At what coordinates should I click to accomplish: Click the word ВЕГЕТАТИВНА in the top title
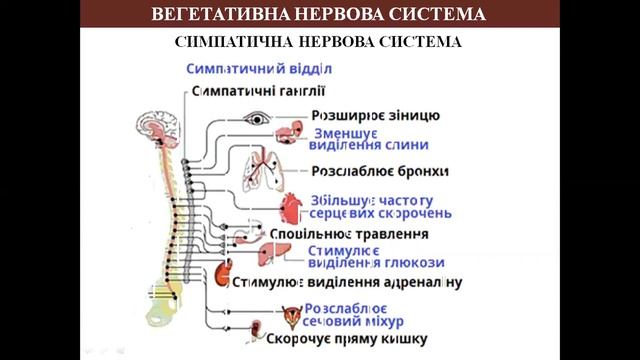(x=213, y=14)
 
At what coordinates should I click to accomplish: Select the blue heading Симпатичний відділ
(x=258, y=69)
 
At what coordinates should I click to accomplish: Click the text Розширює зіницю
(x=375, y=115)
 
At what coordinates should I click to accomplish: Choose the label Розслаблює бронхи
(x=380, y=171)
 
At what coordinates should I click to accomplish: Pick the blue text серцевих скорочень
(x=380, y=213)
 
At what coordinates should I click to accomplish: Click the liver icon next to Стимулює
(x=272, y=254)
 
